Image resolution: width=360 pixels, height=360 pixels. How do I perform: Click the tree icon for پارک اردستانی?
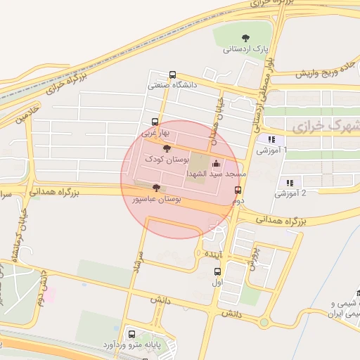245,37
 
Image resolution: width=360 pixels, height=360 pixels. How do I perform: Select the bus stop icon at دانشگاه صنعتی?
173,74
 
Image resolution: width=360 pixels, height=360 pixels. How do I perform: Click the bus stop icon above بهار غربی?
155,122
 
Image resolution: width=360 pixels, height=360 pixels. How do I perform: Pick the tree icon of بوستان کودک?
166,148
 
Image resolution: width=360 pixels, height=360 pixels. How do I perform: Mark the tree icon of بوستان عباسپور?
155,188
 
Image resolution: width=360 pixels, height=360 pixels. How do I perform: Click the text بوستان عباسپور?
157,200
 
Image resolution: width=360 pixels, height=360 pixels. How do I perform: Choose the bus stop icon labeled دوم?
238,190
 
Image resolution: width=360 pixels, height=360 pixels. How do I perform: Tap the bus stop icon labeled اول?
217,271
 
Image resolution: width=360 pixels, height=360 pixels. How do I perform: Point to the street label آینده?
214,252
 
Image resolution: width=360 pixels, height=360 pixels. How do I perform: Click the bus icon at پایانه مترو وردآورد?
131,333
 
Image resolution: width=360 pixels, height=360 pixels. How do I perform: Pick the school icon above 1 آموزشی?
271,139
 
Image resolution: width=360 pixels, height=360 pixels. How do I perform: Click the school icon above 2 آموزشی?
288,182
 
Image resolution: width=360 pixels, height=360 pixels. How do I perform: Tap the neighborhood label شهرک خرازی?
324,127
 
